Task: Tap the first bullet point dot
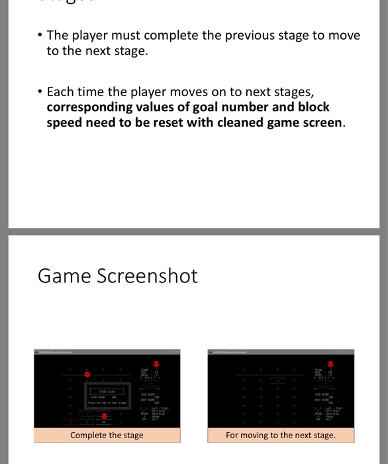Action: click(39, 35)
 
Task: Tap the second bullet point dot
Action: click(39, 91)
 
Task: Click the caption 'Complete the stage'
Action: click(107, 435)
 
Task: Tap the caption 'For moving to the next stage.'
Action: click(280, 435)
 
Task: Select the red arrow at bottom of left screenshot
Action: click(103, 416)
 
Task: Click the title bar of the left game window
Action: click(106, 352)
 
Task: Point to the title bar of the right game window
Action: click(280, 352)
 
